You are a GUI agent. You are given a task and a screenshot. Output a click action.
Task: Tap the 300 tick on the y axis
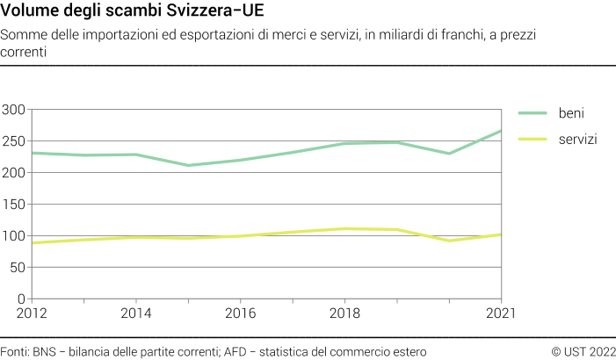click(13, 110)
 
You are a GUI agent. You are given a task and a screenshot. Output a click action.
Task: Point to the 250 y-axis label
click(13, 141)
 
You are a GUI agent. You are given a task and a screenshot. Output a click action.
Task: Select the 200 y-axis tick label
click(13, 173)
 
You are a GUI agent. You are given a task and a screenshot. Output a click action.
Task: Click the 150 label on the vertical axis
click(13, 205)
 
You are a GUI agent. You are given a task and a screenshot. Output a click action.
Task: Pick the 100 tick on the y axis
click(13, 236)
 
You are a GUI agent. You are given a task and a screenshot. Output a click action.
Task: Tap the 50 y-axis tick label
click(17, 268)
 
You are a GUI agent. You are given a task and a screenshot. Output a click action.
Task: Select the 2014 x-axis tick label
click(135, 313)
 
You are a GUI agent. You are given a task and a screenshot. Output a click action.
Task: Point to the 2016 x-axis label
click(240, 313)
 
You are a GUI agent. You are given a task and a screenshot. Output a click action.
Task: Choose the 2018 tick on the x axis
click(344, 313)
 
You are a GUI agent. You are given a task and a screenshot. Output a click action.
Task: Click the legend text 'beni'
click(572, 113)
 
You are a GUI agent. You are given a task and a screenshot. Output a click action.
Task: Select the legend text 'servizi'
click(578, 140)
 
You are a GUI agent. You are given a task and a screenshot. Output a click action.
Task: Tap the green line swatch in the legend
click(533, 113)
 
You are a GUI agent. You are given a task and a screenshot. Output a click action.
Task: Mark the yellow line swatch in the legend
click(533, 140)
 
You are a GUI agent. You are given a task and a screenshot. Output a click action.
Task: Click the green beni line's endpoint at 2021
click(501, 131)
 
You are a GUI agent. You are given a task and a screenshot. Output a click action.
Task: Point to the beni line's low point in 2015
click(188, 165)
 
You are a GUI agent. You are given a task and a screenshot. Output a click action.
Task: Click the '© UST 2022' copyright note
click(583, 351)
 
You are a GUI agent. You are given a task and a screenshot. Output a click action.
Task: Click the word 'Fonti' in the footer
click(14, 351)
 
